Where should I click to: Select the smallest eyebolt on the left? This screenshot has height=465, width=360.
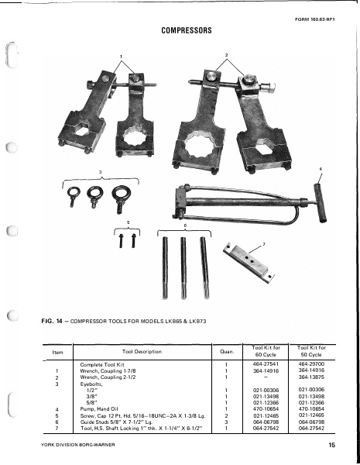[75, 194]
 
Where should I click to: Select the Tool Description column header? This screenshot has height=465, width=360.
[140, 352]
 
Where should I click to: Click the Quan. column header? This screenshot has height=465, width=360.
[225, 352]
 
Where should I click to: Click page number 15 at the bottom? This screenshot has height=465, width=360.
[331, 445]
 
